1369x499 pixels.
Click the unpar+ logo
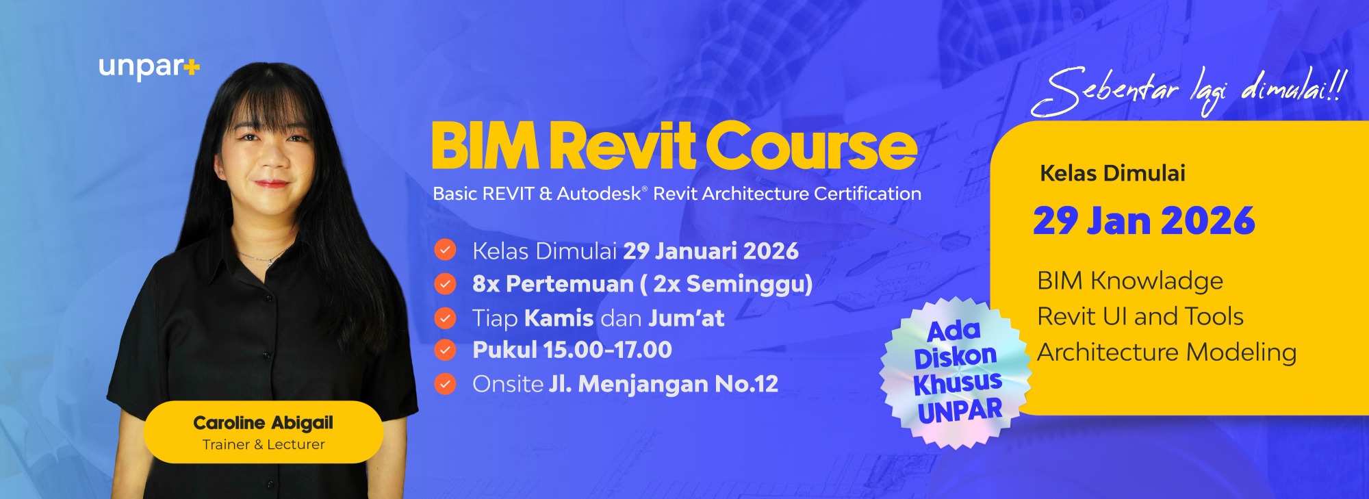tap(149, 68)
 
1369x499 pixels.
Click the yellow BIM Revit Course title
tap(674, 146)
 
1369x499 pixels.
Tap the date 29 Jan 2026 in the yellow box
tap(1144, 221)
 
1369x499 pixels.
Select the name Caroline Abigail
tap(264, 423)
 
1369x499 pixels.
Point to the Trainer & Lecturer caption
tap(264, 445)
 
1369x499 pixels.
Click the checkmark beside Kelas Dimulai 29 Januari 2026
tap(445, 250)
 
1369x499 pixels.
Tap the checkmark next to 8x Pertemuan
tap(445, 283)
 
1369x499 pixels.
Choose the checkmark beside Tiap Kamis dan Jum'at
tap(445, 318)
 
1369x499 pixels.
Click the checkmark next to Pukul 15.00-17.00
tap(445, 350)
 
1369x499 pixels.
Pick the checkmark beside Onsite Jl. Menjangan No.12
tap(445, 384)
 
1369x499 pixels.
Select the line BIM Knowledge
tap(1130, 281)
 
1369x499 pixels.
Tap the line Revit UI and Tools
tap(1140, 316)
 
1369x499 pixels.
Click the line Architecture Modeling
tap(1167, 353)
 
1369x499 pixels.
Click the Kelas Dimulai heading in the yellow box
tap(1112, 173)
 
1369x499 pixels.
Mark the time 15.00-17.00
tap(607, 350)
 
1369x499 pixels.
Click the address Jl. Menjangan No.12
tap(663, 384)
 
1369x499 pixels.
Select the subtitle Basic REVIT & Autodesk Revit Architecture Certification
tap(677, 194)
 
